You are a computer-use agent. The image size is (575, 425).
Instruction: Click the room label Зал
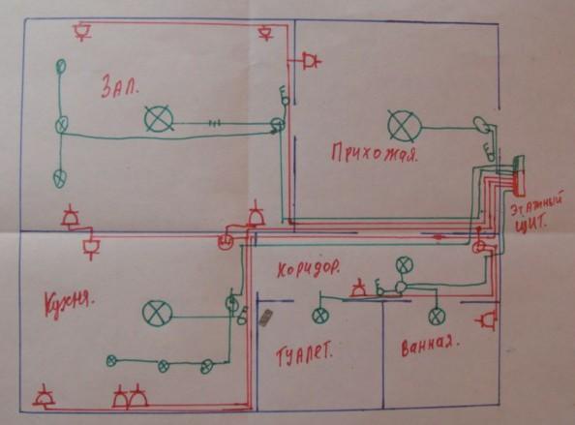point(120,86)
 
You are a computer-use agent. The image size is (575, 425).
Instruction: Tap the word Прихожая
point(375,153)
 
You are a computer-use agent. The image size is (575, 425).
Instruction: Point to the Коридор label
point(308,269)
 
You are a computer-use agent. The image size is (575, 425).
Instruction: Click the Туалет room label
point(304,354)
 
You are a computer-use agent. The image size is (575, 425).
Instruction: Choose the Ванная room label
point(431,346)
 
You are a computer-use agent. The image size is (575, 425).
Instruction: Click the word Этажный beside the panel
point(538,207)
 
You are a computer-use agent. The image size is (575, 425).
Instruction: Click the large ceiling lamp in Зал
point(159,118)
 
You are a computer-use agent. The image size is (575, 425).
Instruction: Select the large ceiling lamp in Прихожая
point(404,126)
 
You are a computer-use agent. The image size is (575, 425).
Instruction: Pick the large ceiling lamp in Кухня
point(157,314)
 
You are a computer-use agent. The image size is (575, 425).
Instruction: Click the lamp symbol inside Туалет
point(320,316)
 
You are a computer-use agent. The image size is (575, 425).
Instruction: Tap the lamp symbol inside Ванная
point(437,317)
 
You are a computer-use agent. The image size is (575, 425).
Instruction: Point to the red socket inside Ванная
point(488,320)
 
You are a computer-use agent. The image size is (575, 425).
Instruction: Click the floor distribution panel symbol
point(518,175)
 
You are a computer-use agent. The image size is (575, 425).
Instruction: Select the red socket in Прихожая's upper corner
point(311,60)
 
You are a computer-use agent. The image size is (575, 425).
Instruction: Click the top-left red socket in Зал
point(82,31)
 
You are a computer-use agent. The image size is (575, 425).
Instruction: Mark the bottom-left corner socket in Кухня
point(45,396)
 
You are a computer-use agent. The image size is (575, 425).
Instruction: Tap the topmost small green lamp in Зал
point(61,67)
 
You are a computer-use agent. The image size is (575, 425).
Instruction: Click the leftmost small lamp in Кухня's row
point(111,361)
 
